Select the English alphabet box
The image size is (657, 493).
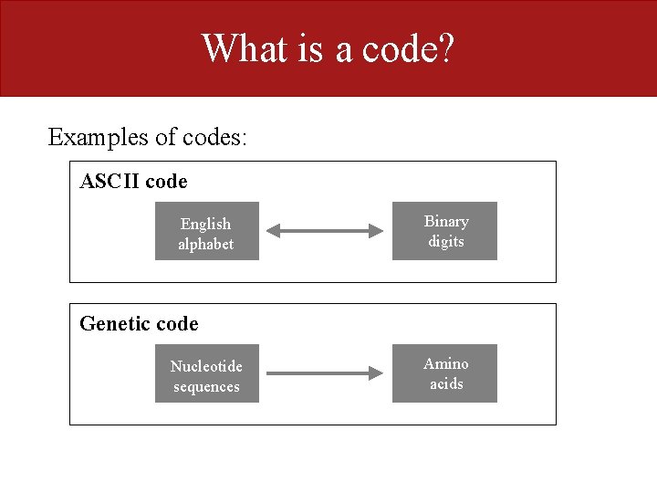click(x=206, y=231)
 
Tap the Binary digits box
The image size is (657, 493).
click(x=445, y=231)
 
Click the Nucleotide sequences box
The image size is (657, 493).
click(x=206, y=373)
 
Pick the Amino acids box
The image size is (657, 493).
click(x=445, y=373)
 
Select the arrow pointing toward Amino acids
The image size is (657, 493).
click(x=324, y=373)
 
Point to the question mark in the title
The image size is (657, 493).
click(x=444, y=48)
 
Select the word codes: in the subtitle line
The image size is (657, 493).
click(x=214, y=137)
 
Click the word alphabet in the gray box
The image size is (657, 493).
click(x=206, y=245)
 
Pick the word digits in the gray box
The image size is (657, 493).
click(x=446, y=242)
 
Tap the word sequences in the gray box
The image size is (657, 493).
click(x=206, y=387)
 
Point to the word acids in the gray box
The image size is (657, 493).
click(x=446, y=384)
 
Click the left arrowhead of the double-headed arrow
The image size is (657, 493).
click(x=276, y=232)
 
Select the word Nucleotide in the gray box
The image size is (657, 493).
click(x=206, y=366)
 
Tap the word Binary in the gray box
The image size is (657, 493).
click(x=446, y=222)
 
